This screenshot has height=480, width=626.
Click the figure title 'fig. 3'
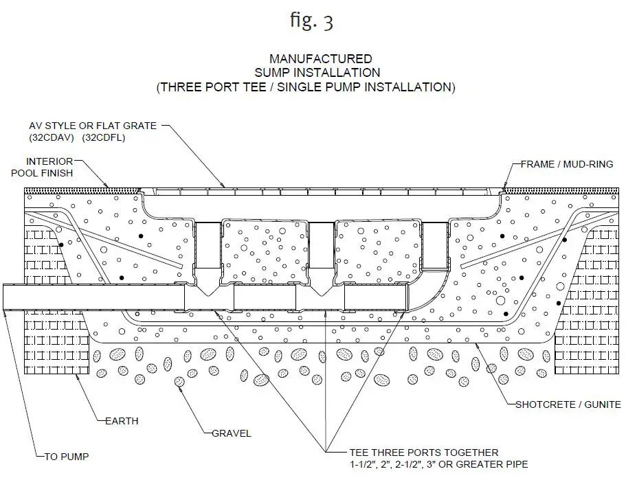311,21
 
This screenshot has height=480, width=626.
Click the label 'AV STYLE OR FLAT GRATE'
92,126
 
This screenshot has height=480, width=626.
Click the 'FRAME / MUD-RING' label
567,164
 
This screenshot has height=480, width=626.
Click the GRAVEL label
231,433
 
